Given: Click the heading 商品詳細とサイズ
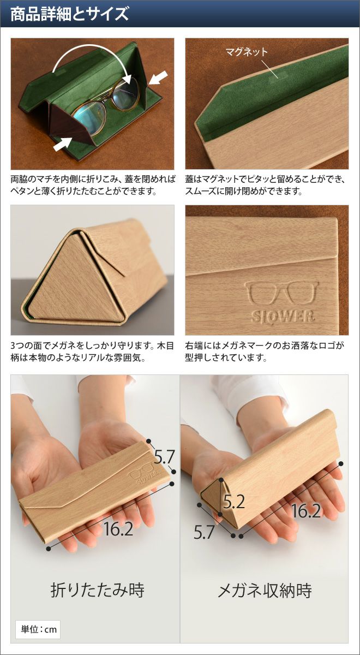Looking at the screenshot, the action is tap(69, 14).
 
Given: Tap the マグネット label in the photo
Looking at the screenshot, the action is tap(247, 52).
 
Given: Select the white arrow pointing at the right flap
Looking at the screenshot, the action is tap(159, 78).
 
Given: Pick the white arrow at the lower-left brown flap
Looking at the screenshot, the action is tap(62, 144).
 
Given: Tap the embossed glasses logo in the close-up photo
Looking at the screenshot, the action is tap(282, 293).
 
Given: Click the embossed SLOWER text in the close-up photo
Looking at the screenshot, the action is tap(283, 316).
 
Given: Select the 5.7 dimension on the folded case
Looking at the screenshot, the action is tap(164, 456).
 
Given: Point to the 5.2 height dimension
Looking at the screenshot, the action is tap(234, 502).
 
